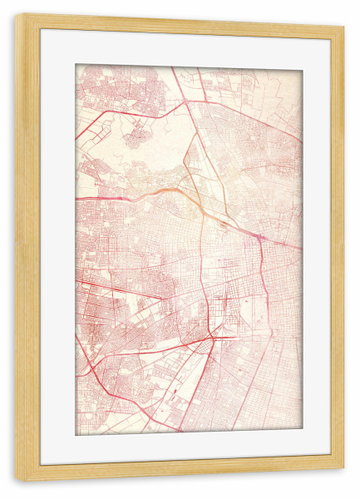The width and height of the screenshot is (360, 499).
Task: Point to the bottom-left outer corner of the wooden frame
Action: click(15, 482)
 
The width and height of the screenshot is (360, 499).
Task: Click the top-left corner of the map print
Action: click(76, 65)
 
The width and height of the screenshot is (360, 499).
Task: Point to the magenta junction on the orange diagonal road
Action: click(259, 239)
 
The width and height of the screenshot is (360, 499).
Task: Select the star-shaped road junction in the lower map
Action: click(214, 334)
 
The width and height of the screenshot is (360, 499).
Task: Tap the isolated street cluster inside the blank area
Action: click(137, 133)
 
